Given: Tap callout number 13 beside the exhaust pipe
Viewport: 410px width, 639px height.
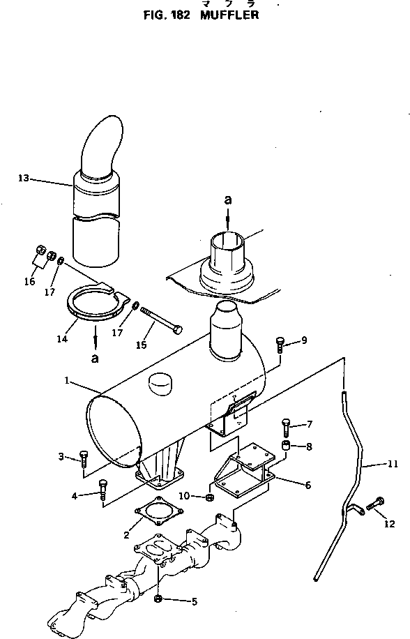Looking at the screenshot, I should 23,179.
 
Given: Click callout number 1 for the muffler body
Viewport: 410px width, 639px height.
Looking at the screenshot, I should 66,381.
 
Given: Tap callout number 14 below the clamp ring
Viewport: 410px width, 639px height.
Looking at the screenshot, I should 61,339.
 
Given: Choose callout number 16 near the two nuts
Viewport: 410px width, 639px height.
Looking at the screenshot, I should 29,281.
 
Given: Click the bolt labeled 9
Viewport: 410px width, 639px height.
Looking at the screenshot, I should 280,343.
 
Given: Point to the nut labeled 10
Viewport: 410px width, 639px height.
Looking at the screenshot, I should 208,497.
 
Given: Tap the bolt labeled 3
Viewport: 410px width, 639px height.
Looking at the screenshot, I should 84,458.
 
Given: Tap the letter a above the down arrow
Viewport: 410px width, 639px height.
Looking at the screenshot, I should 227,200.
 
